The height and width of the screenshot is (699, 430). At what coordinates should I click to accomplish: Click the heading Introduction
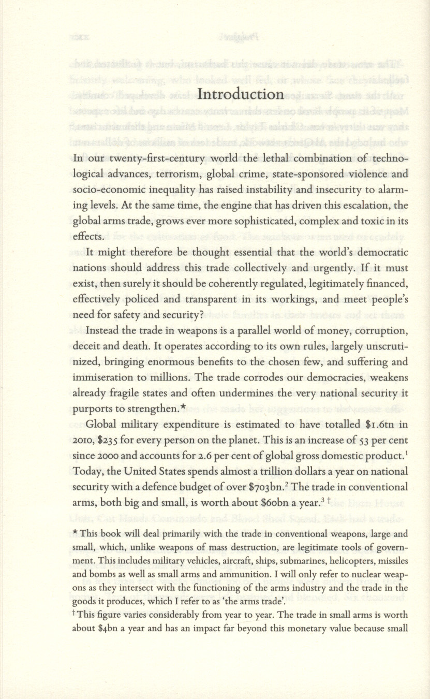coord(241,94)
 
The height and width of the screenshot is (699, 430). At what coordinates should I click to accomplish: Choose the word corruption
coord(380,330)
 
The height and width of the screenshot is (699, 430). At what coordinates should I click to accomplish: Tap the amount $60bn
coord(273,503)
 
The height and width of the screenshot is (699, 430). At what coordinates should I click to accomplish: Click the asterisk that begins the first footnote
coord(76,534)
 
